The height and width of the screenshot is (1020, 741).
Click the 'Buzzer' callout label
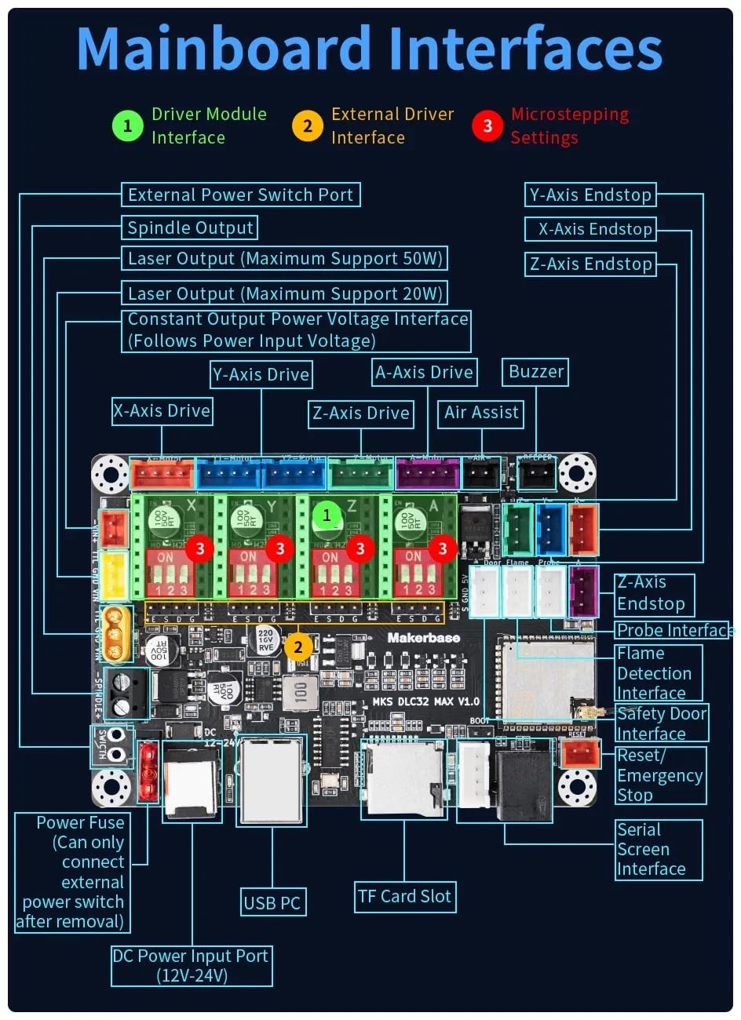click(536, 372)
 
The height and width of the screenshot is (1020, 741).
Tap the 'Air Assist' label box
click(481, 413)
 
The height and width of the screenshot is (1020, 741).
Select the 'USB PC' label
click(272, 902)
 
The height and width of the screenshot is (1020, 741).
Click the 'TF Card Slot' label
click(404, 896)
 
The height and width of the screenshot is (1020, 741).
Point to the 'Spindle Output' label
click(190, 228)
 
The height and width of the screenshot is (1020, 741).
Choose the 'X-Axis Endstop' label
click(595, 229)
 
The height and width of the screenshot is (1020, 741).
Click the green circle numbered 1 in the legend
click(127, 126)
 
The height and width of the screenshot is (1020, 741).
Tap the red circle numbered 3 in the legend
click(487, 126)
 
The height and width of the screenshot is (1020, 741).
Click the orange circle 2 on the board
click(298, 647)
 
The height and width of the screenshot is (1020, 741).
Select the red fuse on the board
click(146, 772)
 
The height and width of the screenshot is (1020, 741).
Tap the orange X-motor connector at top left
click(162, 474)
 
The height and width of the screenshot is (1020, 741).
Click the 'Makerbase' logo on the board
click(423, 638)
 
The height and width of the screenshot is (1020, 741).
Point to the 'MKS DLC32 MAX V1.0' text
click(425, 701)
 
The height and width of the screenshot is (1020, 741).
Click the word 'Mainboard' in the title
click(224, 49)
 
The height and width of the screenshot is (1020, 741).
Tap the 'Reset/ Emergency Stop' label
click(659, 775)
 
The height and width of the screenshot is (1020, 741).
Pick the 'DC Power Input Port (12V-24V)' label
click(191, 966)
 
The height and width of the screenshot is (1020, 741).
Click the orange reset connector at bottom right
click(581, 755)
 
